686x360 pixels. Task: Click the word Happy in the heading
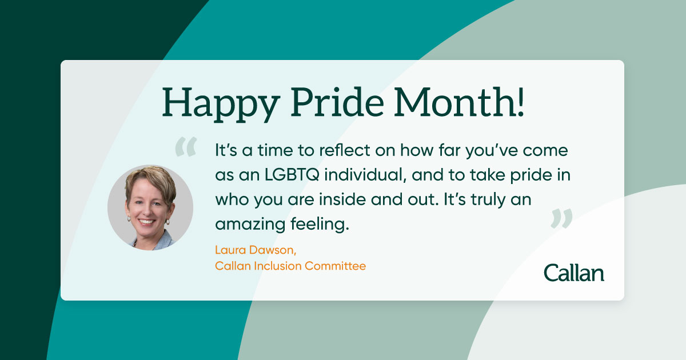(x=221, y=104)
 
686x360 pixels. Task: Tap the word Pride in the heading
(x=337, y=102)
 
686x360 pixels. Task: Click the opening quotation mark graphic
(x=186, y=147)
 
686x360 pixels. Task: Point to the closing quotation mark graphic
(x=561, y=218)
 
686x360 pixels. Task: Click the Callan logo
(x=574, y=273)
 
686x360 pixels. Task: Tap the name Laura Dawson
(x=256, y=250)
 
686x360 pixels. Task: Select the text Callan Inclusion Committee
(x=290, y=266)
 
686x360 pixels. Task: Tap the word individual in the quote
(x=365, y=175)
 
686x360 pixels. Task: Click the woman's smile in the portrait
(x=147, y=221)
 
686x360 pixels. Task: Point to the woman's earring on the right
(x=167, y=221)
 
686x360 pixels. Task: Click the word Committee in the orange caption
(x=336, y=266)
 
